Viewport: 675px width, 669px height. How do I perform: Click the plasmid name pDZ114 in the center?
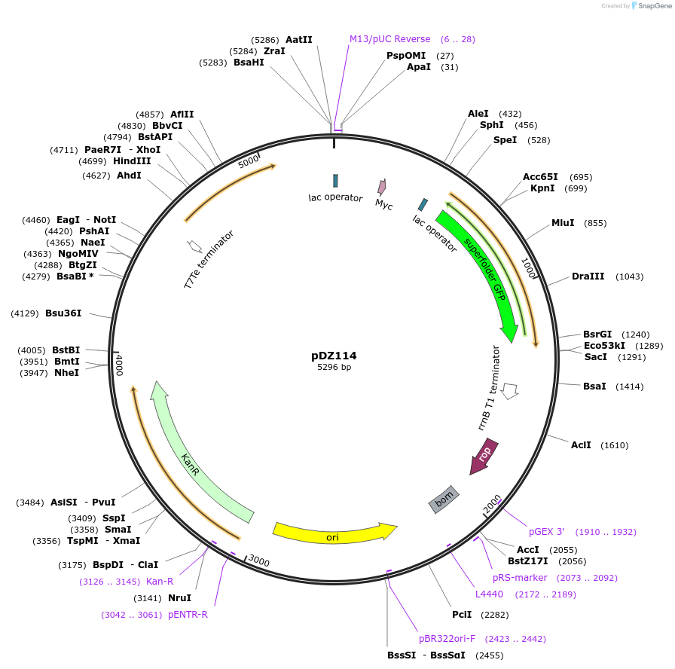click(334, 356)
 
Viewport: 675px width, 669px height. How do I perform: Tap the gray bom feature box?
click(444, 499)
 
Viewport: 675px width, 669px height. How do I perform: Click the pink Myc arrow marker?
click(382, 187)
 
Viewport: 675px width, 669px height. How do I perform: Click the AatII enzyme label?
click(298, 39)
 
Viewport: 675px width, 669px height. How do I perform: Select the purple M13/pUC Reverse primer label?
click(389, 39)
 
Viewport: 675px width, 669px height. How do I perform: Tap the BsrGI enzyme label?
click(597, 334)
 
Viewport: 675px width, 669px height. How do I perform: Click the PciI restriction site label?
click(462, 615)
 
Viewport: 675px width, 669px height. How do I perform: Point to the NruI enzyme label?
click(179, 598)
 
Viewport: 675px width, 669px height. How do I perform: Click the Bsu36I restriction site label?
click(63, 313)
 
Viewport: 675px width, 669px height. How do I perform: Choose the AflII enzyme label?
click(182, 115)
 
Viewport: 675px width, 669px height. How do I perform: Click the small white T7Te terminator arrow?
click(194, 246)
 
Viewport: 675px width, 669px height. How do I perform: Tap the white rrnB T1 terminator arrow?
click(510, 391)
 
